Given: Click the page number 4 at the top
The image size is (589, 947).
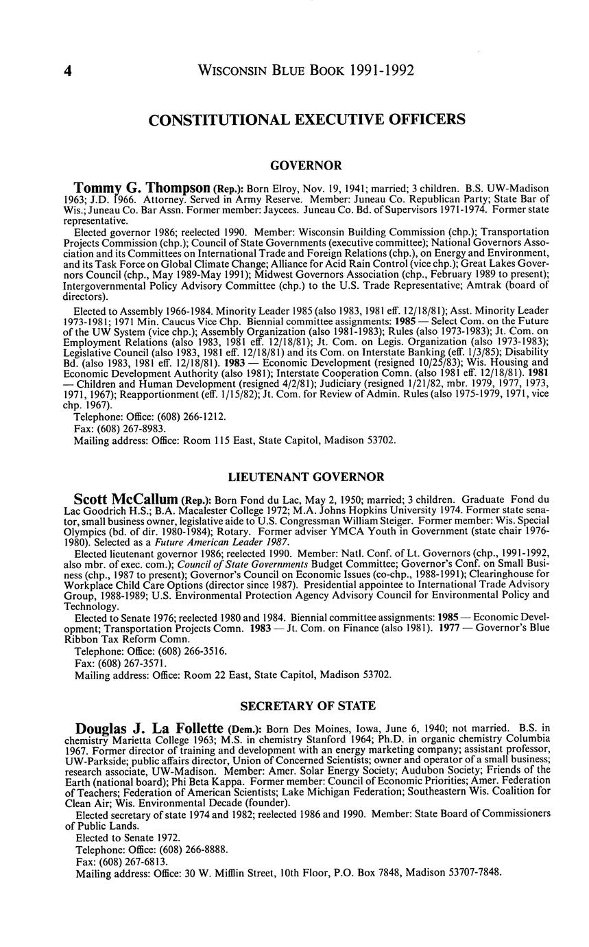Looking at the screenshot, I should pyautogui.click(x=68, y=71).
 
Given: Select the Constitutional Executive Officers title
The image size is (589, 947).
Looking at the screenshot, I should pyautogui.click(x=306, y=120).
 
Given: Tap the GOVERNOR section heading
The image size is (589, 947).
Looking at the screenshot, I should pyautogui.click(x=306, y=165).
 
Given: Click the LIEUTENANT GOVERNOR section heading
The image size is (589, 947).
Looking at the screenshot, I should pyautogui.click(x=306, y=477).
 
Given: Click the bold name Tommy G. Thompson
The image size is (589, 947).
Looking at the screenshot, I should pyautogui.click(x=142, y=188).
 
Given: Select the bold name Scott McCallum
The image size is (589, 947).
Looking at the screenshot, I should pyautogui.click(x=126, y=500).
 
